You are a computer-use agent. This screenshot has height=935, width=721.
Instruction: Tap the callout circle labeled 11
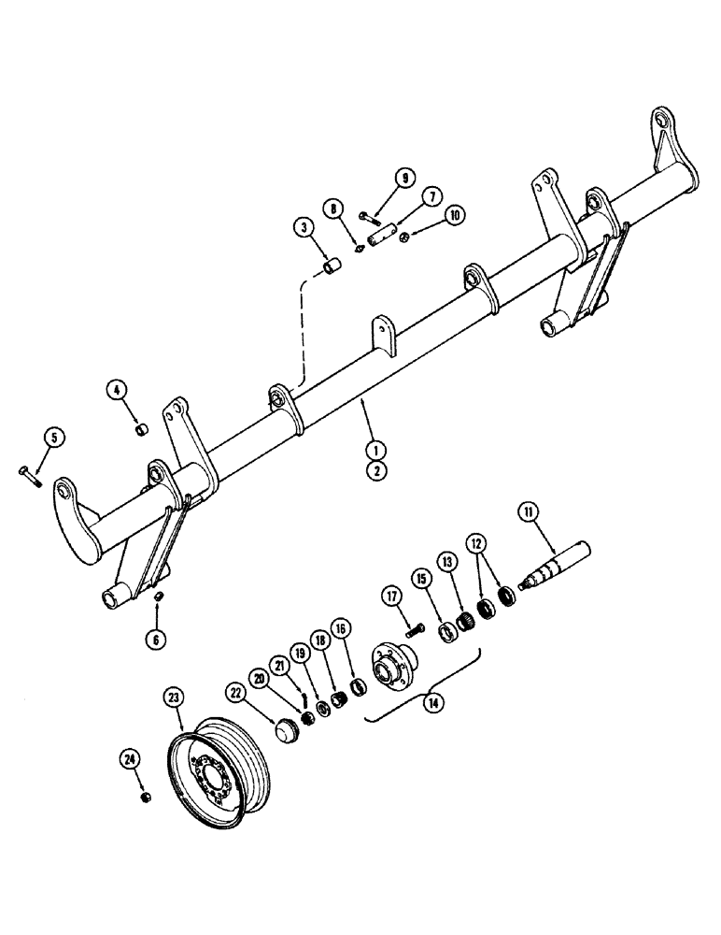coord(529,511)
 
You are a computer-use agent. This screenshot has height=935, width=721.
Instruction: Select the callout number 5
coord(52,437)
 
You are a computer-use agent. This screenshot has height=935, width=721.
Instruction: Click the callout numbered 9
coord(403,178)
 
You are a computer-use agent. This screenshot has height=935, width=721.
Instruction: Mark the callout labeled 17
coord(389,595)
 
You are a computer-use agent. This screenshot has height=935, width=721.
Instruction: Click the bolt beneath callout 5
coord(29,474)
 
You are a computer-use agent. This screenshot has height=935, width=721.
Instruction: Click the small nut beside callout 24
coord(146,797)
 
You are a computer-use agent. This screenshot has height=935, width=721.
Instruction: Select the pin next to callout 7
coord(383,239)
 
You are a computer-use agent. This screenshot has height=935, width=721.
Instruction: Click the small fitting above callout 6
coord(158,596)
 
